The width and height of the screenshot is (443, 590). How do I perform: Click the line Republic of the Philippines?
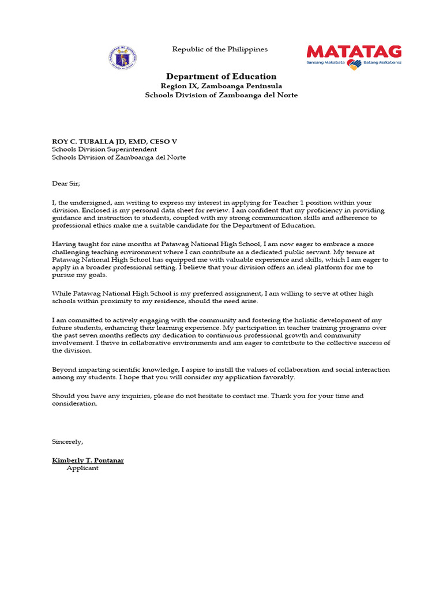pyautogui.click(x=220, y=50)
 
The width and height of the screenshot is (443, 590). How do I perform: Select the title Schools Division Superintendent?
pyautogui.click(x=104, y=149)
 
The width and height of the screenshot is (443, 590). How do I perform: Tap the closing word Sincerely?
pyautogui.click(x=67, y=442)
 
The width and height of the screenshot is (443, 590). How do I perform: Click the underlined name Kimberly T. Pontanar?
pyautogui.click(x=88, y=460)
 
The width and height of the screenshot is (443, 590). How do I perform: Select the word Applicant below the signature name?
pyautogui.click(x=82, y=468)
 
